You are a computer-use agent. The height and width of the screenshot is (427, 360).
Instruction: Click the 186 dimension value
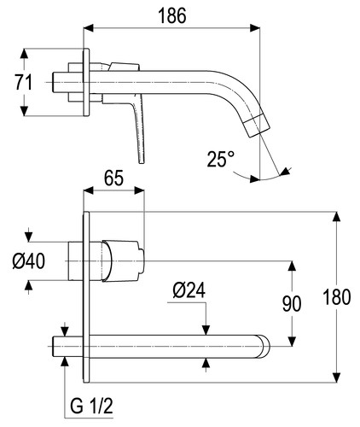(x=172, y=15)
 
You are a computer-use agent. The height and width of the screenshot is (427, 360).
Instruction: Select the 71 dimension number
(x=24, y=83)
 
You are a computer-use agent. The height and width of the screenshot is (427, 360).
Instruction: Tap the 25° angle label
(x=221, y=159)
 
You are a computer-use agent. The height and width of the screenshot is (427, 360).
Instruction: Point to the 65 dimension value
(x=113, y=178)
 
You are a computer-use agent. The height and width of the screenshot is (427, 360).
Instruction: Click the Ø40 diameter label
(x=29, y=261)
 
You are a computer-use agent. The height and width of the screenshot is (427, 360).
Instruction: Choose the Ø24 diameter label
(x=189, y=290)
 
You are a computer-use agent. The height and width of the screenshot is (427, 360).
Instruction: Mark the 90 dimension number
(x=292, y=304)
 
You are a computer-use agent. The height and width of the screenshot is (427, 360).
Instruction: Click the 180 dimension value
(x=337, y=297)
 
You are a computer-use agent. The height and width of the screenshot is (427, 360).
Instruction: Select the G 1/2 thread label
(x=91, y=407)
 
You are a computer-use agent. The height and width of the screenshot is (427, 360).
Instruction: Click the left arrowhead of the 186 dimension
(x=88, y=28)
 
